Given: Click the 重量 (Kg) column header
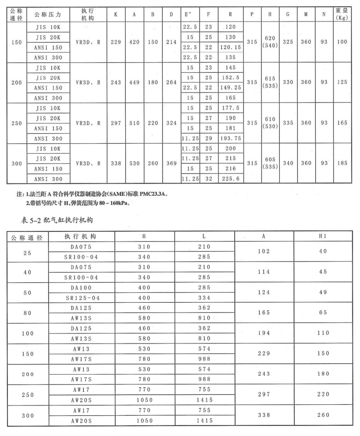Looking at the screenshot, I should click(342, 14).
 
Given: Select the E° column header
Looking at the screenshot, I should click(188, 14).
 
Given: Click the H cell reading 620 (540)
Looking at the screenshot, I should click(270, 42).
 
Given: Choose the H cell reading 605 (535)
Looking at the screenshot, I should click(270, 163).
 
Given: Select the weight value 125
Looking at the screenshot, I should click(342, 82).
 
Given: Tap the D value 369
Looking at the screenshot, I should click(171, 163).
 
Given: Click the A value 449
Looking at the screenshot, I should click(134, 82).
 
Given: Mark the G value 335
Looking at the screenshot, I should click(288, 123).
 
